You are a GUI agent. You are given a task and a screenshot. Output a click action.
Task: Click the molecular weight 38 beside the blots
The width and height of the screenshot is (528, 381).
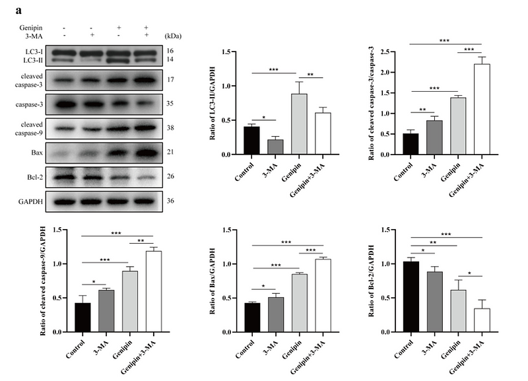click(x=171, y=128)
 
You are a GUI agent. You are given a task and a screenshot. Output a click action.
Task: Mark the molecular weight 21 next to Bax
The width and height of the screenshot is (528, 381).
click(x=171, y=153)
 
